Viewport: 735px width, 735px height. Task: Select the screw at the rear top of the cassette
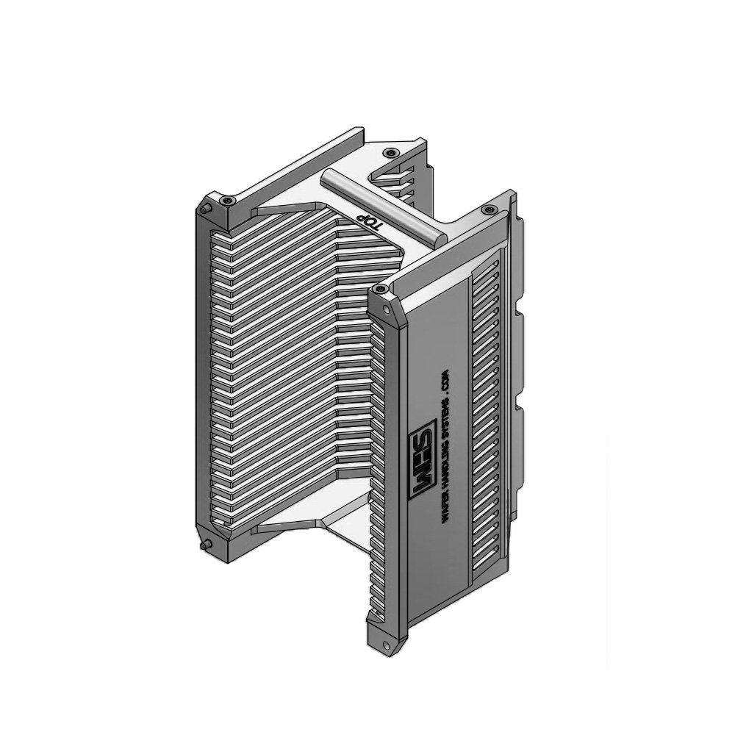coord(390,152)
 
